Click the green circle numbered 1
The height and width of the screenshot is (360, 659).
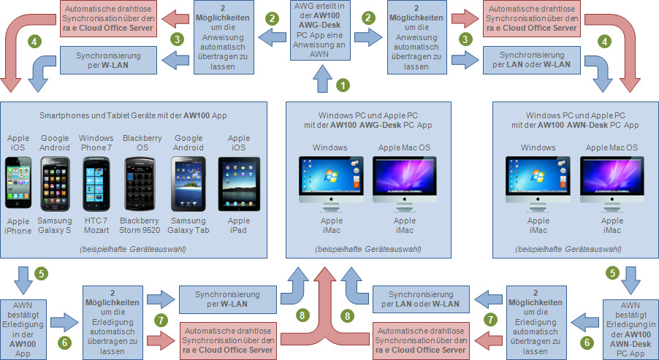pos(340,85)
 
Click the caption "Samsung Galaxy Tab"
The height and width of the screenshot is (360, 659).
pos(188,226)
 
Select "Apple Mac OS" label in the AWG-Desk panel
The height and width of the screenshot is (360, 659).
pos(404,148)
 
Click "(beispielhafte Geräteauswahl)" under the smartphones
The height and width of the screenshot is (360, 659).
pos(133,250)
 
